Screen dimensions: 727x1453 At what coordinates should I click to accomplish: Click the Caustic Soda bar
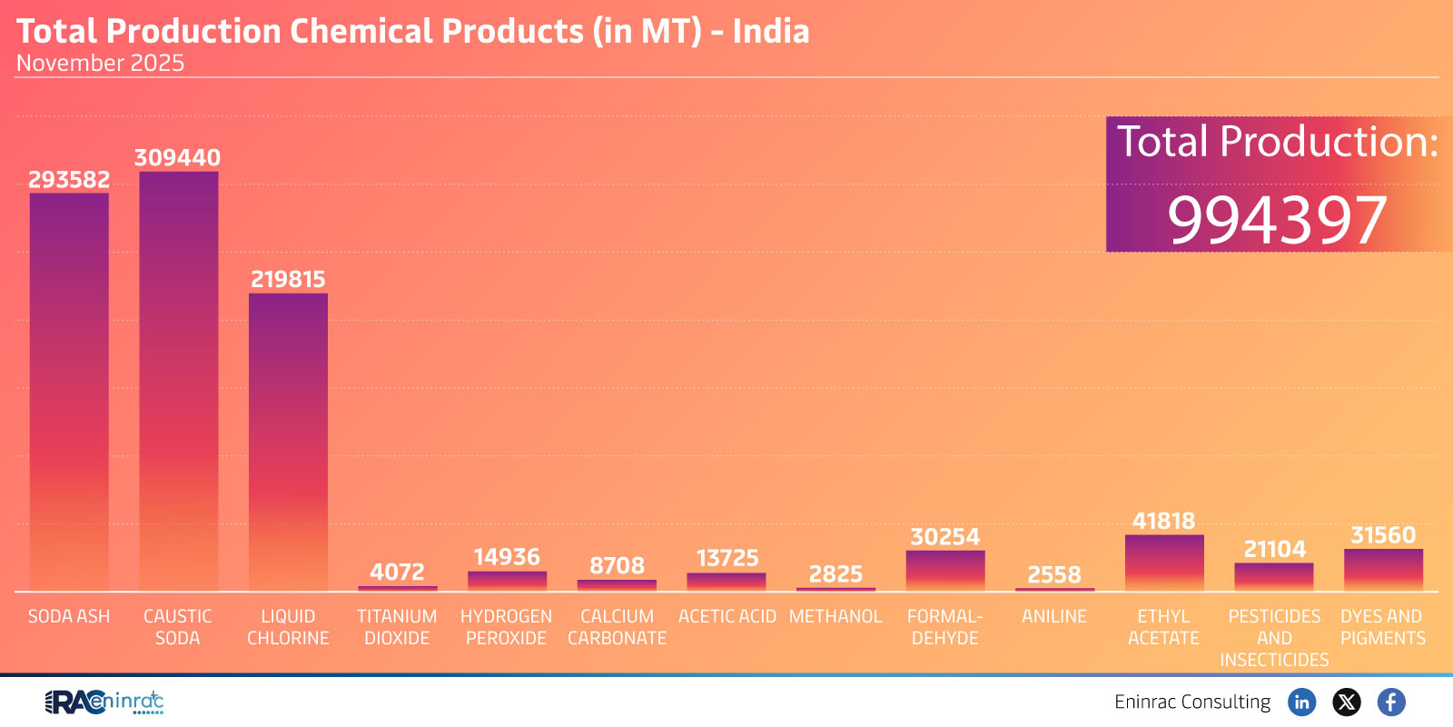pos(179,382)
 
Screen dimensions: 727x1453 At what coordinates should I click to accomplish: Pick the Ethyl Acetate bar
pos(1164,563)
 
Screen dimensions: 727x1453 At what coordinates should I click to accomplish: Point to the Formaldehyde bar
pos(945,571)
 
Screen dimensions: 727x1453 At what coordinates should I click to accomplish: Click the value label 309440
pos(177,158)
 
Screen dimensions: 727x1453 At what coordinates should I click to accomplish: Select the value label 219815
pos(288,280)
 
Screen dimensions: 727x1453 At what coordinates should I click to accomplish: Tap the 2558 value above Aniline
pos(1054,575)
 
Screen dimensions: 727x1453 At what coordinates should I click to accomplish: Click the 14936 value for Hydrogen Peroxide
pos(507,557)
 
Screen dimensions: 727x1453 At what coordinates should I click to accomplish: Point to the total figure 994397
pos(1277,220)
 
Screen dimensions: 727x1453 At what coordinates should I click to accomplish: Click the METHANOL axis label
pos(835,617)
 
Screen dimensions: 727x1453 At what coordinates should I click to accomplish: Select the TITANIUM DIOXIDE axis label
pos(397,627)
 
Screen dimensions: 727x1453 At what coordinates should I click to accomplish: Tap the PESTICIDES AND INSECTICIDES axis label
pos(1274,638)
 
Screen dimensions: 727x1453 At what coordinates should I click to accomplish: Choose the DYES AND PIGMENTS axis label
pos(1382,627)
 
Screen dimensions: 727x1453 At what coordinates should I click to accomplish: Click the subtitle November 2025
pos(100,64)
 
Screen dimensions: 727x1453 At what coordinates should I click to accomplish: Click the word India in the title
pos(771,32)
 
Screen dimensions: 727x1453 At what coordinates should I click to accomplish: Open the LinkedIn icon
pos(1301,702)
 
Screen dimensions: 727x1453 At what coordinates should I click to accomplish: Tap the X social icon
pos(1347,702)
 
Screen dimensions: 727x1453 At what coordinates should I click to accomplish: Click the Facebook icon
pos(1391,702)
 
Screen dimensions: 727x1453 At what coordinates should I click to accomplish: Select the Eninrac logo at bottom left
pos(104,702)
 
